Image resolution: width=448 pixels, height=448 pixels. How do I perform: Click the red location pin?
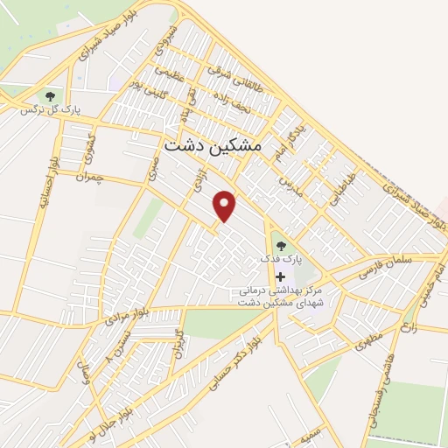point(226,206)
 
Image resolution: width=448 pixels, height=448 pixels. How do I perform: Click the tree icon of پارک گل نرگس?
point(50,95)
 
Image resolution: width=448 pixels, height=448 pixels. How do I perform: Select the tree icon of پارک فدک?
point(280,246)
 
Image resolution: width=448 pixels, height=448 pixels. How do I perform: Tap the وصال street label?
point(85,378)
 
